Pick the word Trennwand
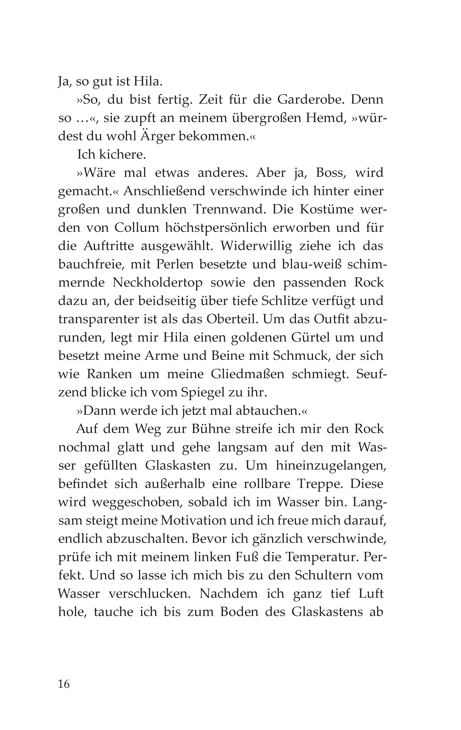point(228,210)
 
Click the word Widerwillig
point(256,246)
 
